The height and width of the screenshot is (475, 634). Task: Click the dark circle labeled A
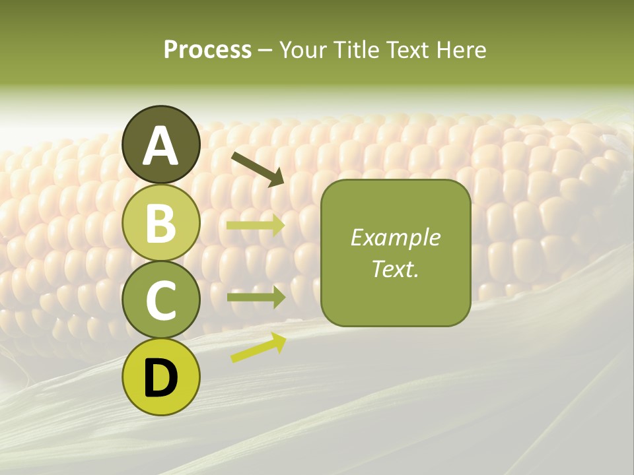(161, 144)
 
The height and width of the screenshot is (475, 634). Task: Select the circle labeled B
(161, 222)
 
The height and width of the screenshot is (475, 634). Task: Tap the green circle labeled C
(161, 300)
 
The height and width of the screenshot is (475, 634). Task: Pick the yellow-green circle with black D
(161, 377)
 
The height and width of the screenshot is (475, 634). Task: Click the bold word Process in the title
(207, 50)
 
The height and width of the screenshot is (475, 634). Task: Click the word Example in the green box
(395, 237)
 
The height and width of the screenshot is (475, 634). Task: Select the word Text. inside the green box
(395, 269)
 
